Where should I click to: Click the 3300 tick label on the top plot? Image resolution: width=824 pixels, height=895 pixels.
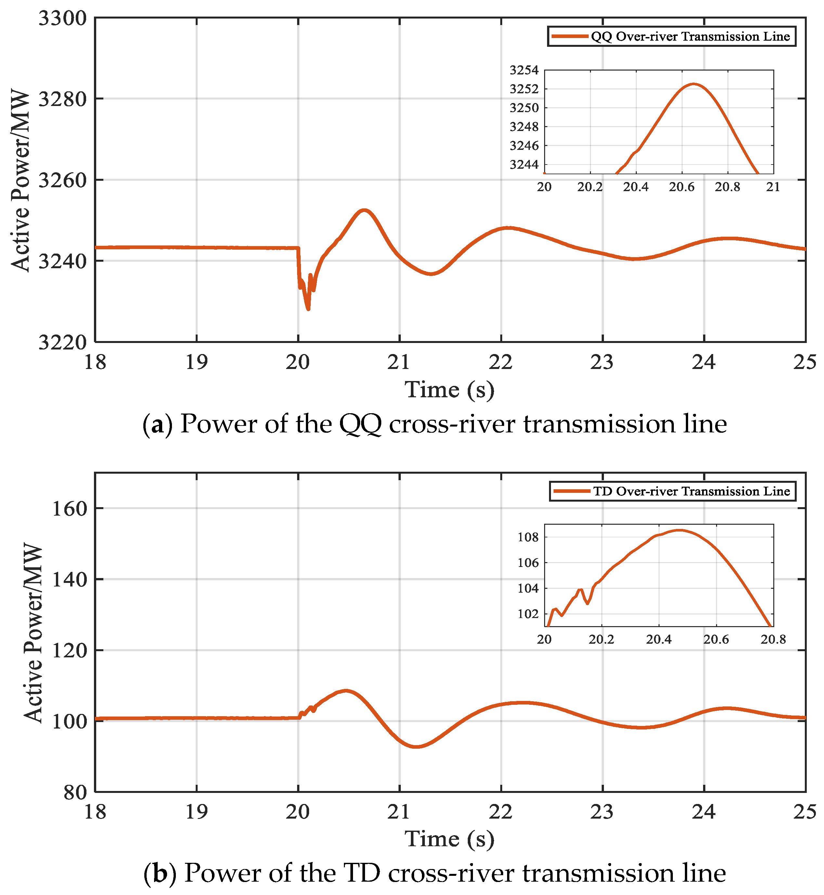(62, 19)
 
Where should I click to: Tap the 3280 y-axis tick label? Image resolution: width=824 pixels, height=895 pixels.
(62, 99)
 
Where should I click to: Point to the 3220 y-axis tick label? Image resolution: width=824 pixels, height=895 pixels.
(62, 342)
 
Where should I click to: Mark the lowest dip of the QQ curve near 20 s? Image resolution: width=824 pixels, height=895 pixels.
(308, 309)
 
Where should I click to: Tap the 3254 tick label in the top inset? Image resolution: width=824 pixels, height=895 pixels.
(524, 70)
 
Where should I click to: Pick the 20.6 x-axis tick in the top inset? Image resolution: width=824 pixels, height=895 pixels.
(681, 187)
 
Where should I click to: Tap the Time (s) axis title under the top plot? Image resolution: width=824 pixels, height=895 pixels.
(450, 390)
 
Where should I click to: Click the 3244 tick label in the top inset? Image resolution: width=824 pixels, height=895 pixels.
(524, 165)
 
